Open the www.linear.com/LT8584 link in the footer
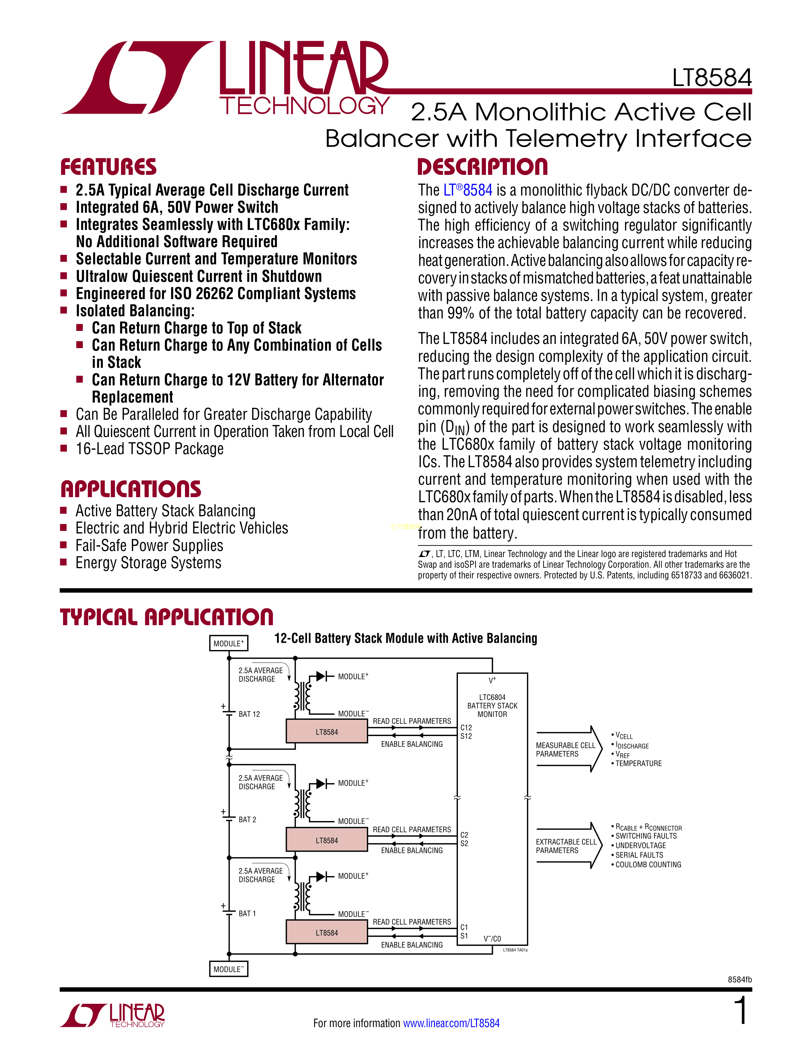pos(451,1023)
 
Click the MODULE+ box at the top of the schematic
pos(229,643)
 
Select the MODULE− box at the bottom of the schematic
pos(229,969)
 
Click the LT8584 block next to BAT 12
pos(327,732)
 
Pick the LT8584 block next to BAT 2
pos(327,840)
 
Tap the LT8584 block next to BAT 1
pos(327,933)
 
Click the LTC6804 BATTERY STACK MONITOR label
pos(492,705)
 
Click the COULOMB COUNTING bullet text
pos(648,864)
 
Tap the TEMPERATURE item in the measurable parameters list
pos(638,763)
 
